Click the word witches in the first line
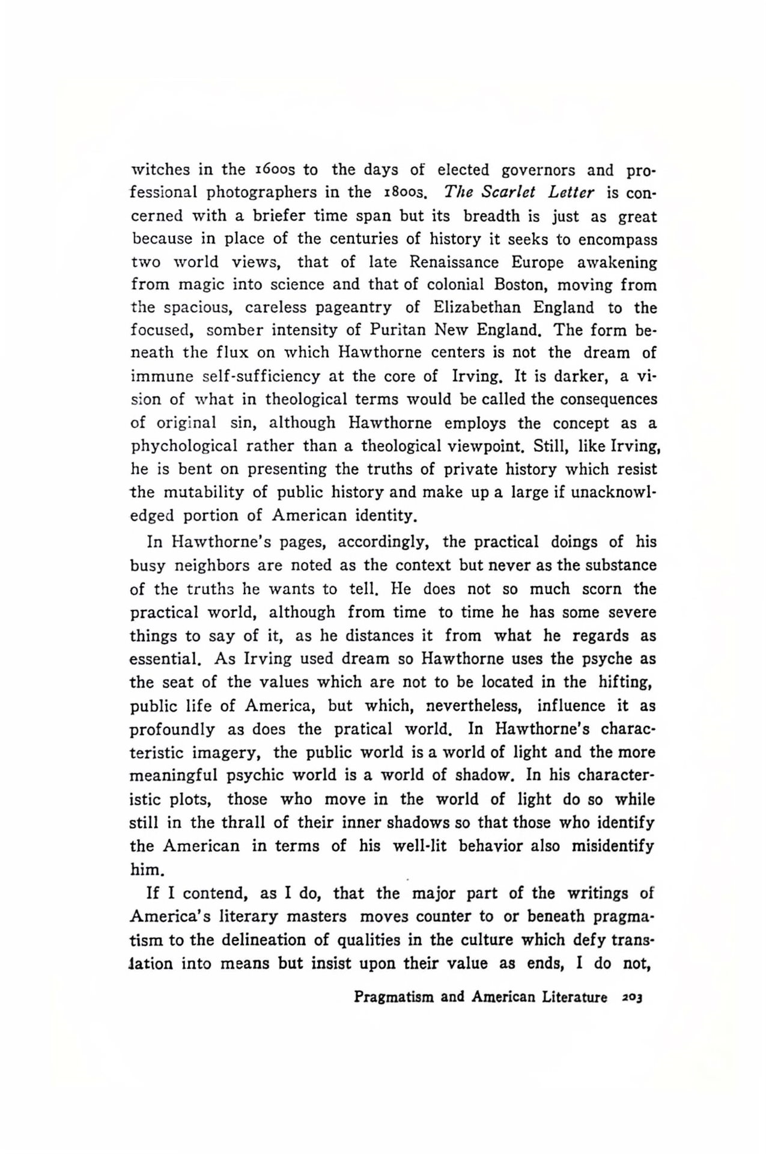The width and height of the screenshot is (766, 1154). point(161,170)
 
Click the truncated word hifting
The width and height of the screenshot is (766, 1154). point(625,683)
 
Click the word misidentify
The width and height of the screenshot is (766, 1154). point(613,846)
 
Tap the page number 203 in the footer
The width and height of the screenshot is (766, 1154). point(633,998)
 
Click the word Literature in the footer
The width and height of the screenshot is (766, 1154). point(574,998)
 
